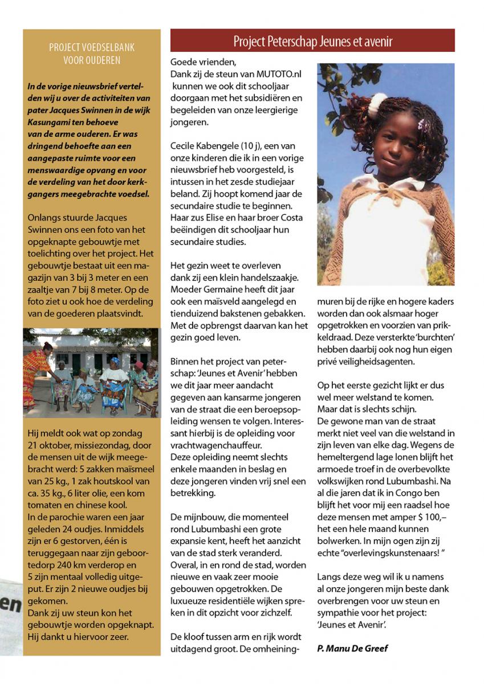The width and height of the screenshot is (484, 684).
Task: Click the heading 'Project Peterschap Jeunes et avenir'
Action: pos(312,41)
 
